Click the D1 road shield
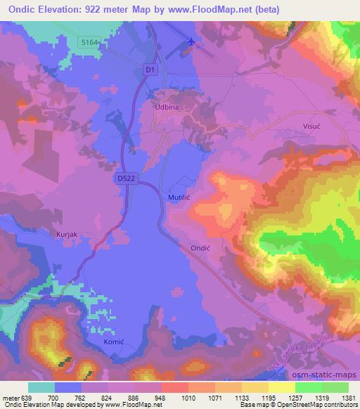click(x=148, y=70)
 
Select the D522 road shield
click(x=124, y=180)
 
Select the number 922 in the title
click(x=104, y=8)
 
